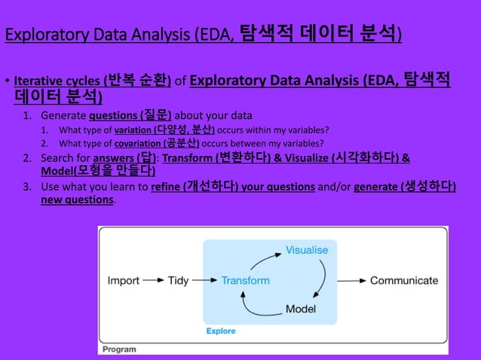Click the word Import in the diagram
tap(124, 280)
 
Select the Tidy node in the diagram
tap(178, 280)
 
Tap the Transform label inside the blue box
tap(245, 280)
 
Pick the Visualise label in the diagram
tap(306, 249)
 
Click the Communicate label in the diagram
tap(403, 280)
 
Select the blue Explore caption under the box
tap(221, 331)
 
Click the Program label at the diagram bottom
tap(119, 349)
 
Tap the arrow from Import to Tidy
tap(153, 281)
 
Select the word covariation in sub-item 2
tap(138, 143)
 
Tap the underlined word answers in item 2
tap(112, 158)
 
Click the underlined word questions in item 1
tap(110, 116)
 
